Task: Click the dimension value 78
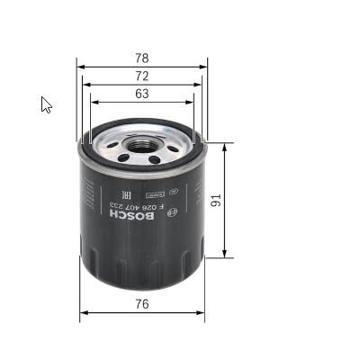[142, 58]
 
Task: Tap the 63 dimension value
[142, 93]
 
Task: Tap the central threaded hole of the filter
[142, 144]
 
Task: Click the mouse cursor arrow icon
[46, 104]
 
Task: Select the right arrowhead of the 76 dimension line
[203, 313]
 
